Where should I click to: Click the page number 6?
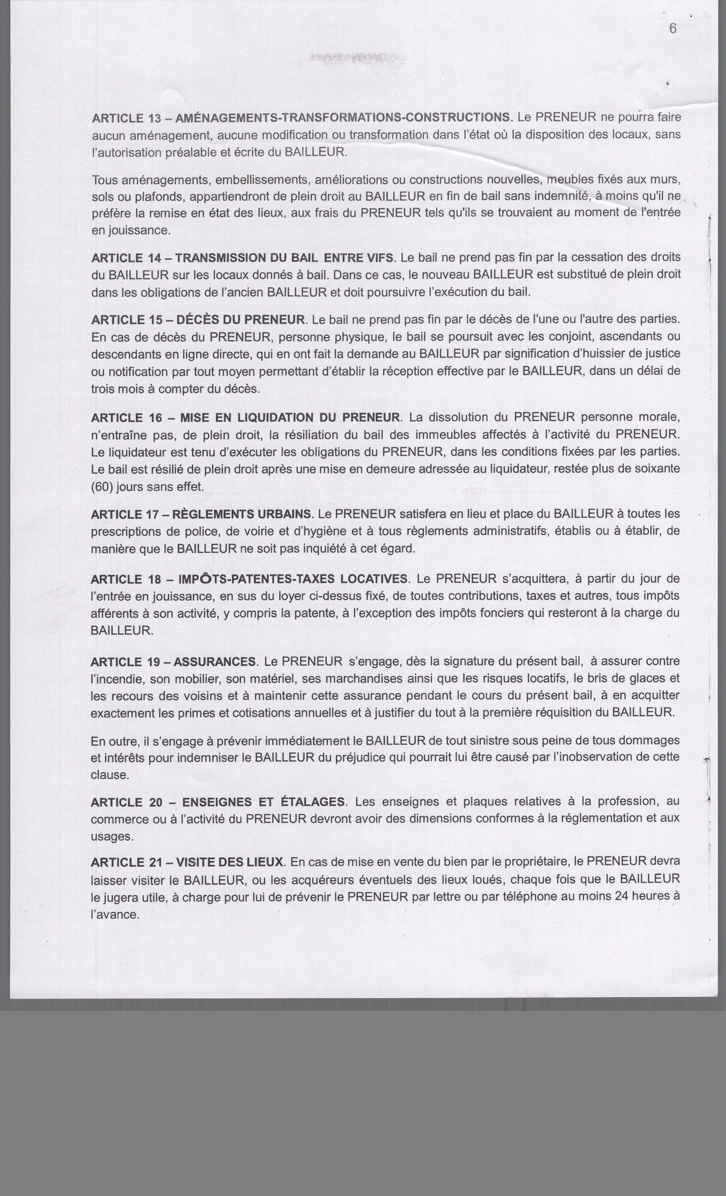pyautogui.click(x=672, y=29)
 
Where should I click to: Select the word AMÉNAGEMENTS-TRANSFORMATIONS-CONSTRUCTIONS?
pyautogui.click(x=343, y=117)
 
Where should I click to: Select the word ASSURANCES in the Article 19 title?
pyautogui.click(x=214, y=662)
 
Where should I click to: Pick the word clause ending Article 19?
pyautogui.click(x=110, y=775)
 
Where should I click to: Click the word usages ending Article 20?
pyautogui.click(x=111, y=837)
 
